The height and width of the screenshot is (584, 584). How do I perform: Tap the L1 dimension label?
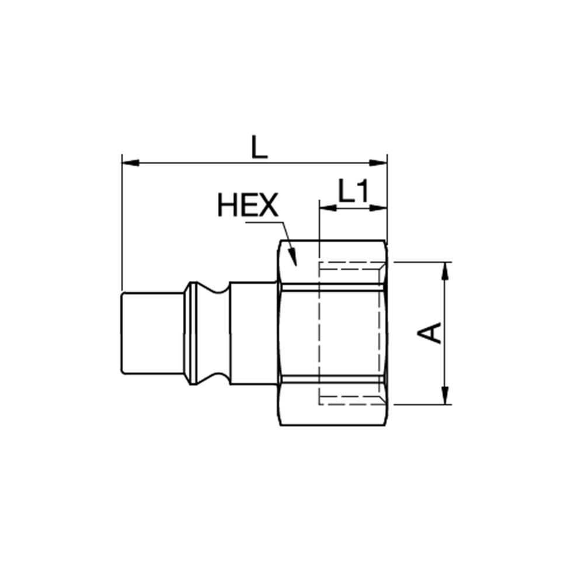coord(353,191)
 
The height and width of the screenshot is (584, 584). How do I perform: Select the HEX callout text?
coord(248,204)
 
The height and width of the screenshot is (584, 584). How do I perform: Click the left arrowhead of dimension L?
coord(130,163)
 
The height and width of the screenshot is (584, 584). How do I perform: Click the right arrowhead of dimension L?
coord(378,163)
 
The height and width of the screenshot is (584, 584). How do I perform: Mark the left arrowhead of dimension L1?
coord(328,208)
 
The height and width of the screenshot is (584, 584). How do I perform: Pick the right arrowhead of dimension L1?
coord(378,208)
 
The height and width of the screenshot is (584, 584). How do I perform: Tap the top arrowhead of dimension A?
coord(444,271)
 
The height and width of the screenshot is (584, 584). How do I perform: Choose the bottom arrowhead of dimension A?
coord(444,395)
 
